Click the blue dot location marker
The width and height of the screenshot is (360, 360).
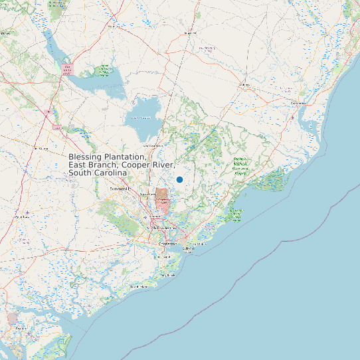[x=179, y=179]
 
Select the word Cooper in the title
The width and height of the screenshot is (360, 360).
[x=136, y=165]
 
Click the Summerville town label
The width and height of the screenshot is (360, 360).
[x=118, y=189]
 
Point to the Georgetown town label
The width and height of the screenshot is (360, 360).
[x=298, y=104]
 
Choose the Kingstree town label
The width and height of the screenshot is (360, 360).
[x=191, y=32]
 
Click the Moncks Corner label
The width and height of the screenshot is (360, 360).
[x=153, y=144]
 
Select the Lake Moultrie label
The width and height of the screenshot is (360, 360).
[x=141, y=118]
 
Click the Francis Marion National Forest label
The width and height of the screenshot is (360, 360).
[x=240, y=165]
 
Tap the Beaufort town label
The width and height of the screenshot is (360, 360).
[x=21, y=327]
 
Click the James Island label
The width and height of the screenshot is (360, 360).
[x=161, y=256]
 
